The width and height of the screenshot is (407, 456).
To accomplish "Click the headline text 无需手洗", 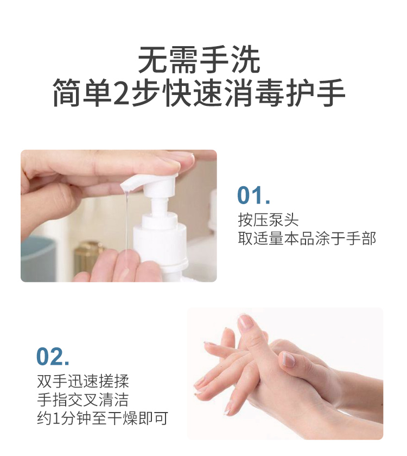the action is pyautogui.click(x=200, y=60).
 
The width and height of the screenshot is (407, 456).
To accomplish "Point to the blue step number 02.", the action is pyautogui.click(x=53, y=356).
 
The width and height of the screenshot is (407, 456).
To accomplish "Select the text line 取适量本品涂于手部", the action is pyautogui.click(x=307, y=238).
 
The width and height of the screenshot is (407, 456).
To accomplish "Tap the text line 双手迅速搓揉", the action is pyautogui.click(x=83, y=381).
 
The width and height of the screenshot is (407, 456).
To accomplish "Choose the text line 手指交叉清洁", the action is pyautogui.click(x=83, y=400).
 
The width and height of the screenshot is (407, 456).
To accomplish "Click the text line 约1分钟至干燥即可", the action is pyautogui.click(x=103, y=419).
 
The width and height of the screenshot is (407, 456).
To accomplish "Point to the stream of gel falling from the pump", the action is pyautogui.click(x=126, y=221).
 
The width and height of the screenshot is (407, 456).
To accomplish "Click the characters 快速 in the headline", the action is pyautogui.click(x=194, y=92).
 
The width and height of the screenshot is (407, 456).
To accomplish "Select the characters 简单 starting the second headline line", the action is pyautogui.click(x=83, y=92).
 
